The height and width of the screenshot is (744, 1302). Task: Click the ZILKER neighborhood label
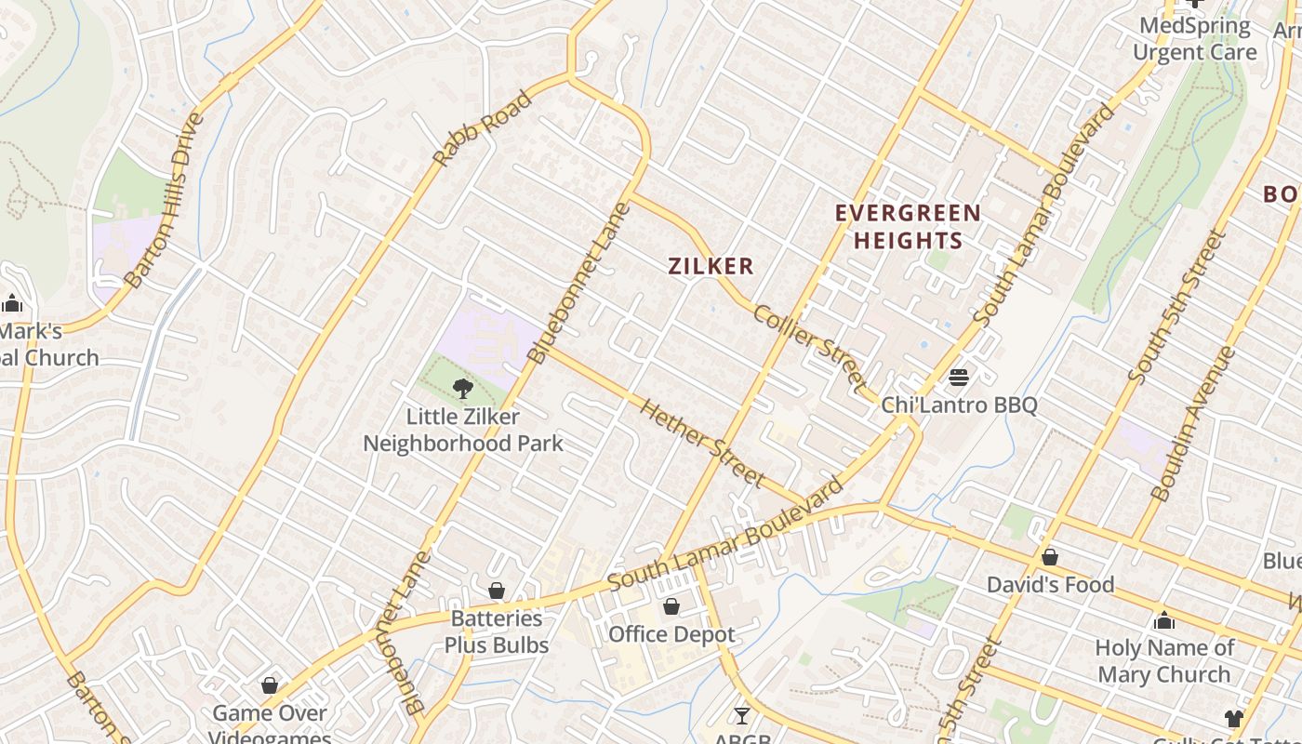(711, 266)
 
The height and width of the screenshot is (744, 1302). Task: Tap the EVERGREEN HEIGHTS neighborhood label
(908, 226)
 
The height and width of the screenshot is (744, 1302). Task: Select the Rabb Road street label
(483, 128)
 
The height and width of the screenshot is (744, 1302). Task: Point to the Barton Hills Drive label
(164, 200)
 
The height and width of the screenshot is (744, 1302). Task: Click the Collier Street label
(809, 346)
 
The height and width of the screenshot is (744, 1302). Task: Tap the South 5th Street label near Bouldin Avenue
(1176, 307)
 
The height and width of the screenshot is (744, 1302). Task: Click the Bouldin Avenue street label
(1193, 423)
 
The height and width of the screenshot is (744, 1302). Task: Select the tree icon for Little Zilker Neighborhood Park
(462, 389)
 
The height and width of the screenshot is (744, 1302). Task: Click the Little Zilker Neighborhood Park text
(462, 430)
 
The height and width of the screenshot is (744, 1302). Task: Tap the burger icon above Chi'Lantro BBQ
(959, 378)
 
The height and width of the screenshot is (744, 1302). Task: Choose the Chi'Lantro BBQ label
(959, 405)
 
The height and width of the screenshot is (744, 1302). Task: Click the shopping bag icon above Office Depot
(671, 607)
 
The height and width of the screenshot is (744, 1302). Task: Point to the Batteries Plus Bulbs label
(497, 631)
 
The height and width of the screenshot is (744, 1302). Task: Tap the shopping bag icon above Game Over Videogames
(270, 685)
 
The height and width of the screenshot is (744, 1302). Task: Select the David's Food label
(1050, 584)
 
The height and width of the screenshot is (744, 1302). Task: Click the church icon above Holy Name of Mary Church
(1164, 620)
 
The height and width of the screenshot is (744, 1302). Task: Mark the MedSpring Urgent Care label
(1194, 39)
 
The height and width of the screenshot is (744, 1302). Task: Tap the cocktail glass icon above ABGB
(741, 715)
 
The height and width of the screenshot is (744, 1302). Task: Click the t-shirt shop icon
(1233, 718)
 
